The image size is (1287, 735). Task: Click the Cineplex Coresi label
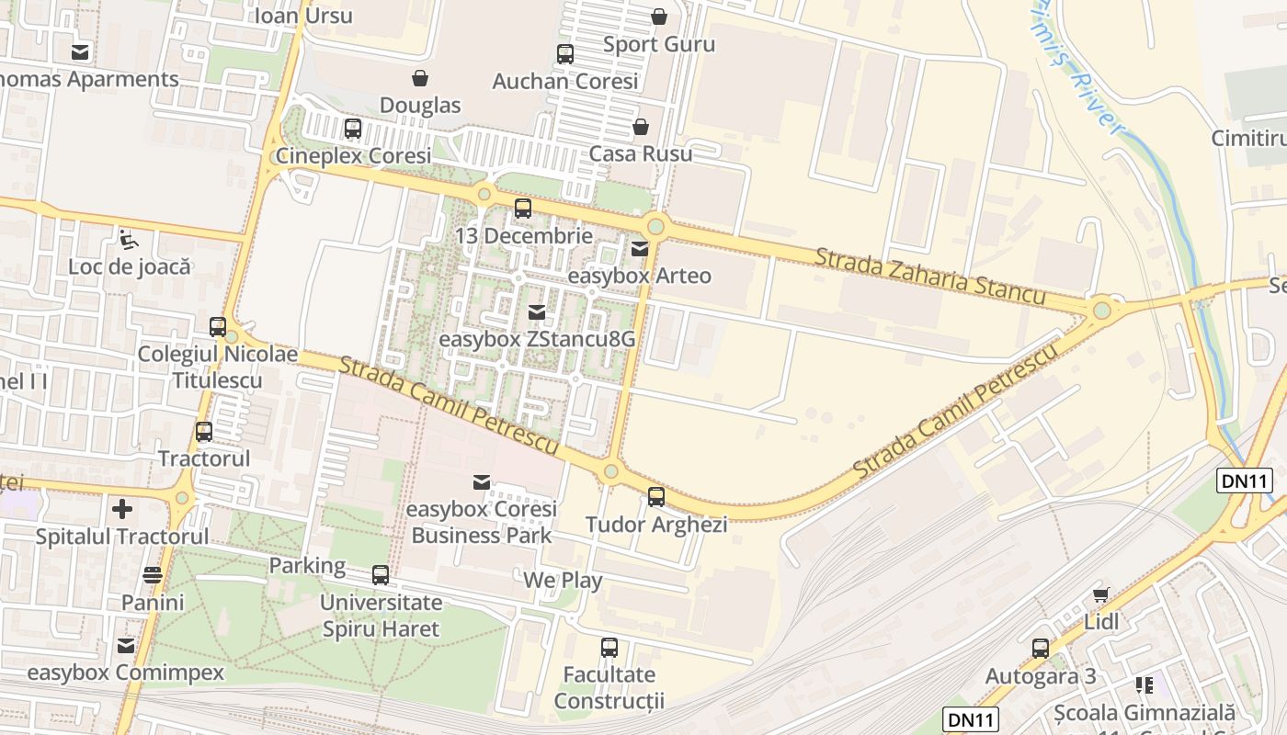pos(353,156)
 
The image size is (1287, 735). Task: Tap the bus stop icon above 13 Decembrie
pos(523,209)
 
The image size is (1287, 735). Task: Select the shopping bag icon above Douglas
pos(420,78)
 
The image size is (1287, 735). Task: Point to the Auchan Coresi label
pos(565,81)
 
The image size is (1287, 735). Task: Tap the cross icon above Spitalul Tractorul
pos(122,508)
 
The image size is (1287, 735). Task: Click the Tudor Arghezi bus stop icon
pos(656,497)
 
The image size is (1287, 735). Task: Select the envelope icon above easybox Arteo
pos(640,248)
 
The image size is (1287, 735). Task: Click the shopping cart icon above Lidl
pos(1100,595)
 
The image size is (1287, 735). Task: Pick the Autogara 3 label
pos(1041,676)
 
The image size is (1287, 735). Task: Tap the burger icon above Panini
pos(153,575)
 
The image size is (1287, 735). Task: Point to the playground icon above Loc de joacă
pos(130,240)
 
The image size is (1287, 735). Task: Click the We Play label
pos(563,581)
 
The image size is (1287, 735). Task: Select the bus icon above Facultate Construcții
pos(609,648)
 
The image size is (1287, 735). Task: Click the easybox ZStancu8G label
pos(537,339)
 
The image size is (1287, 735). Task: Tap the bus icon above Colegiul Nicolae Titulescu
pos(218,327)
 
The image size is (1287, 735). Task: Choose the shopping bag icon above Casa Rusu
pos(640,127)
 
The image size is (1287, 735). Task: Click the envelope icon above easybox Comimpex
pos(126,645)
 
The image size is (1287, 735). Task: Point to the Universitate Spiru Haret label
pos(381,616)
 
